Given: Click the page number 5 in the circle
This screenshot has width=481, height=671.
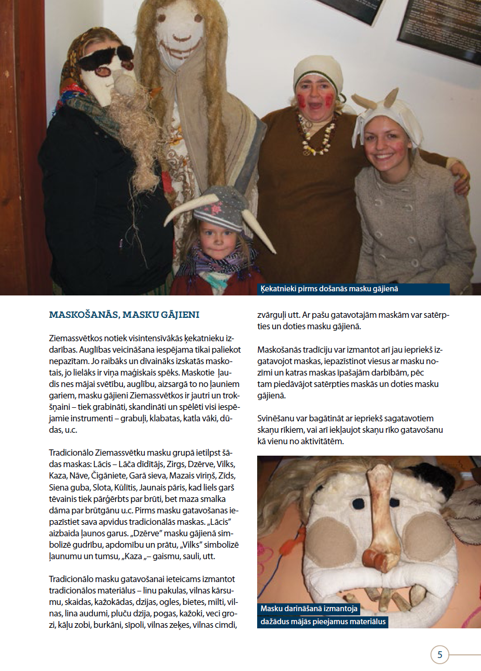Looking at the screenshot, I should click(x=440, y=654).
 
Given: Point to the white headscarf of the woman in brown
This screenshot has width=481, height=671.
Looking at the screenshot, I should click(x=318, y=70).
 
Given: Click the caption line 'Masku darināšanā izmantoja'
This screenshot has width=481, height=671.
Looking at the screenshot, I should click(x=310, y=608).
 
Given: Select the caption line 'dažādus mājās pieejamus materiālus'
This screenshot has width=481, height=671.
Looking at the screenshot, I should click(x=322, y=621).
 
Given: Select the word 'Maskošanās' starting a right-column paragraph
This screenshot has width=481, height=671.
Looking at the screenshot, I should click(x=280, y=349).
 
